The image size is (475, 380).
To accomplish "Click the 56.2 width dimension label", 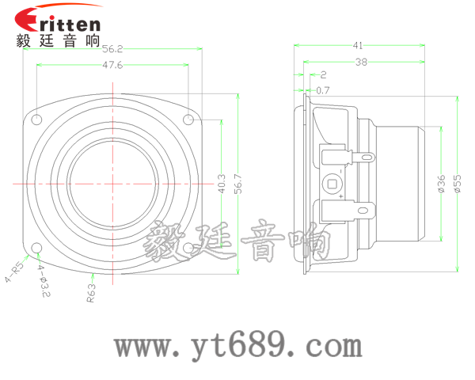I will [114, 48].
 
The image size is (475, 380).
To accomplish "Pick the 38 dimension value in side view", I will [361, 61].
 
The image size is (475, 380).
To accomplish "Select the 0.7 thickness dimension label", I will [323, 90].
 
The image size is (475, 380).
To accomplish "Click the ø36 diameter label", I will [441, 184].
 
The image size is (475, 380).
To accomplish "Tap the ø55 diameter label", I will [457, 184].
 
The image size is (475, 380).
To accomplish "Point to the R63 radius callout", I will [91, 293].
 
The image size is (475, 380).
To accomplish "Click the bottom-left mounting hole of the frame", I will [37, 249].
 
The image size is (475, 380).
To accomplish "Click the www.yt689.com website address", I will [237, 345].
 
